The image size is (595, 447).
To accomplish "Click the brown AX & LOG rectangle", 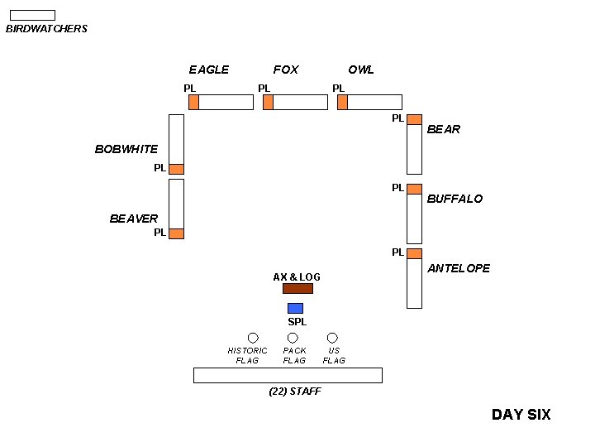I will point(297,289).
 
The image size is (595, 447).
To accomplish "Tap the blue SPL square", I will point(295,309).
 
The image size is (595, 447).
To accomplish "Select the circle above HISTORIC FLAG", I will point(253,338).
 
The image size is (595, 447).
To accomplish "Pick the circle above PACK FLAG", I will point(293,338).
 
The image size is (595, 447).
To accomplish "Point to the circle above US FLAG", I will point(332,338).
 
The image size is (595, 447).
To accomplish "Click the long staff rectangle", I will point(288,375).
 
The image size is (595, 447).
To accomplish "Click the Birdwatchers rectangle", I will point(32,15).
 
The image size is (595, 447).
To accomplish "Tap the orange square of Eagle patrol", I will point(193,102).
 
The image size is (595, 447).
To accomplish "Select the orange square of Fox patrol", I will point(268,102).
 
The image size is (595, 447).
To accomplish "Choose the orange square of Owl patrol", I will point(342,102).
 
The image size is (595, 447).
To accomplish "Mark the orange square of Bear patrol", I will point(414,119).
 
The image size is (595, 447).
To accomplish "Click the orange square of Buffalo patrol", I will point(414,189).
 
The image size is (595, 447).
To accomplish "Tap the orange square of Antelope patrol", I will point(414,253).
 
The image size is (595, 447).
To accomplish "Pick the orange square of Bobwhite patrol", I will point(176,169).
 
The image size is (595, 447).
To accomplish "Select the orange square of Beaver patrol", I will point(176,233).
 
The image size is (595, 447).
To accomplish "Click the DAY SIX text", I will point(521,415).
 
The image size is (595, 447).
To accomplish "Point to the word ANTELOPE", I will point(459,268).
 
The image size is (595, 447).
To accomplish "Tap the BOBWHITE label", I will point(126,150).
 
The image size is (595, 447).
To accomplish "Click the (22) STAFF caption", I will point(295,392).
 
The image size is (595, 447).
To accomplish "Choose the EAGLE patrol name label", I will point(209,70).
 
